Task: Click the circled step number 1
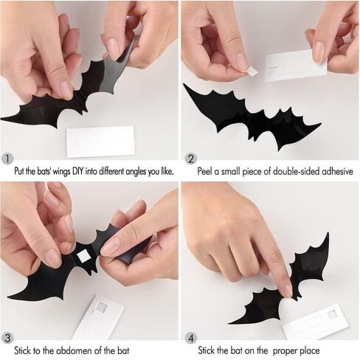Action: point(8,158)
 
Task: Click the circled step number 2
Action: point(191,158)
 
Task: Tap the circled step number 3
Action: point(8,338)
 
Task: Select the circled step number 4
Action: point(191,338)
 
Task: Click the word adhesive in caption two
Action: point(336,171)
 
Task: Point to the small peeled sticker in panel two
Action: point(252,70)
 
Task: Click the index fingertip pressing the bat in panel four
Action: point(284,289)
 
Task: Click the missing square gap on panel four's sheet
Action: point(333,314)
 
